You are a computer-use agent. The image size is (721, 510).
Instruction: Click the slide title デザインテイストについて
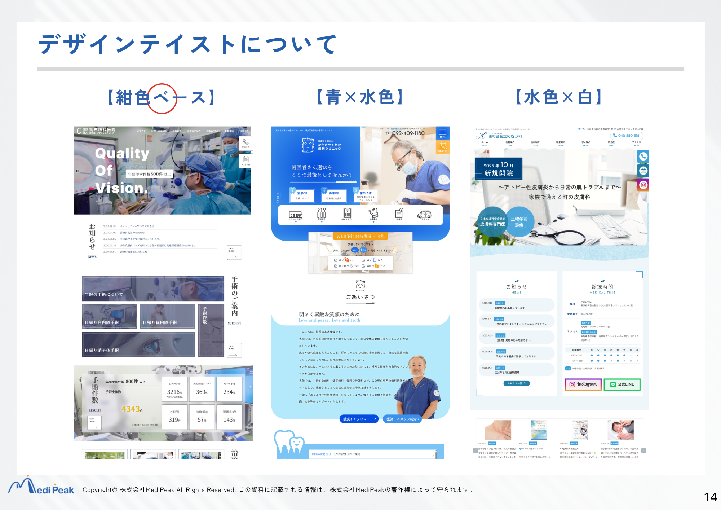pyautogui.click(x=187, y=44)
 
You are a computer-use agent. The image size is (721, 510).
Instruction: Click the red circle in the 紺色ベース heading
pyautogui.click(x=162, y=98)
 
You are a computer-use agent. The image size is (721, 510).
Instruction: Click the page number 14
pyautogui.click(x=710, y=497)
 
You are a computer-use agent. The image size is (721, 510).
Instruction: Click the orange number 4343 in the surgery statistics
pyautogui.click(x=131, y=409)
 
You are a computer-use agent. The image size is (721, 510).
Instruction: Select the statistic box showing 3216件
pyautogui.click(x=175, y=390)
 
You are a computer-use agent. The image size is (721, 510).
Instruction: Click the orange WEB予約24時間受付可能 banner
pyautogui.click(x=360, y=236)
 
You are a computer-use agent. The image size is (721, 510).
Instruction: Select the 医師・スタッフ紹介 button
pyautogui.click(x=402, y=419)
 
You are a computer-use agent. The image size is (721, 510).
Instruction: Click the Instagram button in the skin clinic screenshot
pyautogui.click(x=583, y=384)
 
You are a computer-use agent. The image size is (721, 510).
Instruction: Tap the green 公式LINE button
pyautogui.click(x=622, y=384)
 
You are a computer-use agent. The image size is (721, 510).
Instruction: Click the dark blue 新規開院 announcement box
pyautogui.click(x=498, y=169)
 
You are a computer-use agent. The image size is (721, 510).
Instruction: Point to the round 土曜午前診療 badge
pyautogui.click(x=519, y=222)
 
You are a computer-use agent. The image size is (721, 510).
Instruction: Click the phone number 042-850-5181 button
pyautogui.click(x=627, y=136)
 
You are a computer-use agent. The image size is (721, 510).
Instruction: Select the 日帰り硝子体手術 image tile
pyautogui.click(x=138, y=345)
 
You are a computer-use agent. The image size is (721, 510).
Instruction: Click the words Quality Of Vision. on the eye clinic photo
pyautogui.click(x=122, y=171)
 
